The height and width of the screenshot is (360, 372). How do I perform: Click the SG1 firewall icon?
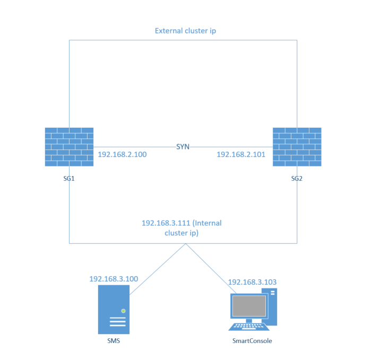coord(69,147)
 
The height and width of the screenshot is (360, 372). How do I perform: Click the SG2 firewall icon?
coord(297,147)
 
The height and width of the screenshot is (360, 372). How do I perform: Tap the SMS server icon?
coord(114,309)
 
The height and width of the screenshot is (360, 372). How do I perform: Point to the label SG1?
coord(69,179)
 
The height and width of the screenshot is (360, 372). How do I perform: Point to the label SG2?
coord(297,179)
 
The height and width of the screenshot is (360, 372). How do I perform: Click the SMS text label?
coord(114,340)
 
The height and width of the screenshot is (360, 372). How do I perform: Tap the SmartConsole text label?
coord(252,341)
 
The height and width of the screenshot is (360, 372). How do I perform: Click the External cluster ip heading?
coord(185,31)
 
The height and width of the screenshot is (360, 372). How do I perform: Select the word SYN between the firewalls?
coord(183,146)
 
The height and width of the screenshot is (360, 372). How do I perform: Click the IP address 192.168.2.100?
coord(122,155)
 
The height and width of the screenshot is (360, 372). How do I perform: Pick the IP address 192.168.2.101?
coord(241,155)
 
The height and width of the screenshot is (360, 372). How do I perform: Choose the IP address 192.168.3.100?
coord(114,279)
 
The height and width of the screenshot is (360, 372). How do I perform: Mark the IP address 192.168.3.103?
coord(252,282)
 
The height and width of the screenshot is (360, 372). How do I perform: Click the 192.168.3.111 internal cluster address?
coord(164,223)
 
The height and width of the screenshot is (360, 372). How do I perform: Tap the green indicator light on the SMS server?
coord(123,310)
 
